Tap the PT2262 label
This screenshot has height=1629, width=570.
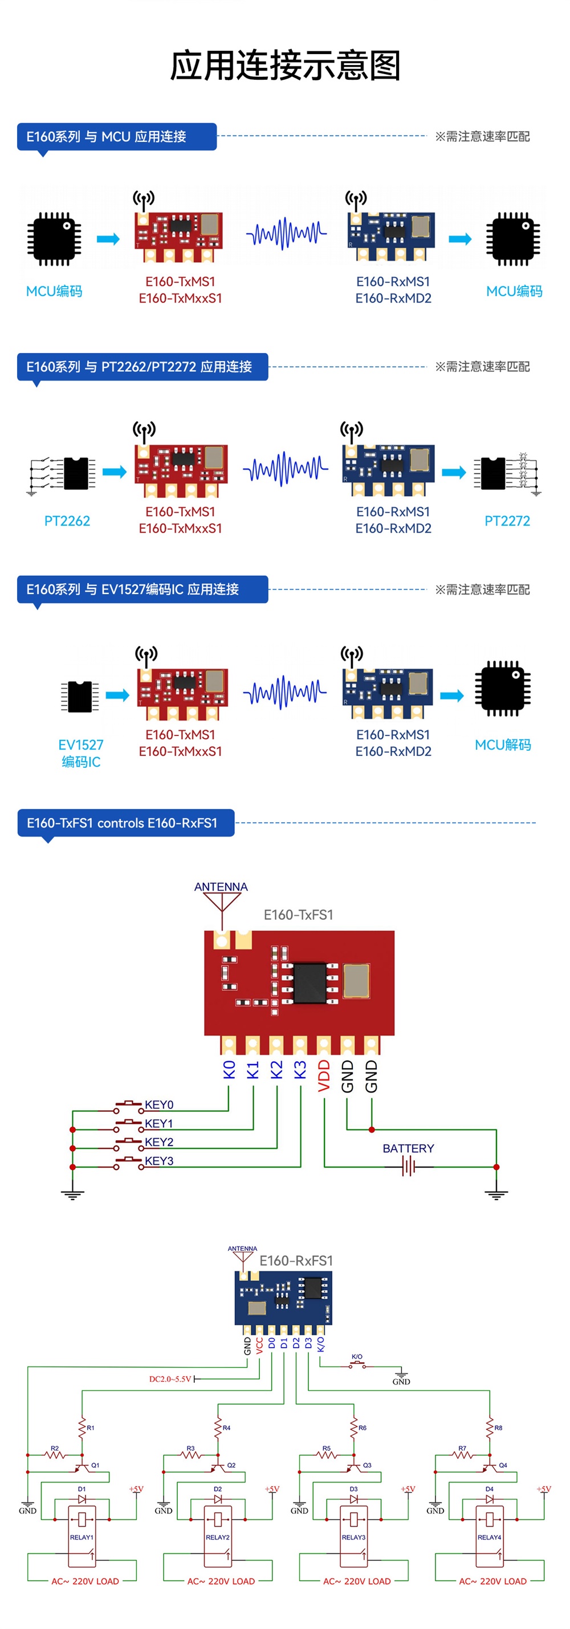tap(67, 521)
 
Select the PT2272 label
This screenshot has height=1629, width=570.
tap(507, 521)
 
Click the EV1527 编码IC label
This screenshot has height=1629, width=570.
tap(81, 753)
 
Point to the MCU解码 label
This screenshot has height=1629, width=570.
tap(503, 745)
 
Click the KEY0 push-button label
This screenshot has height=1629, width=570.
tap(159, 1105)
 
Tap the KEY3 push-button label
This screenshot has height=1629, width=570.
tap(159, 1160)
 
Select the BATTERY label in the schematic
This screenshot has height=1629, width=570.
tap(408, 1148)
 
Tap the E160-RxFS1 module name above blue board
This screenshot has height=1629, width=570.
tap(296, 1260)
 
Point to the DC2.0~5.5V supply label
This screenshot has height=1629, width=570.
tap(169, 1378)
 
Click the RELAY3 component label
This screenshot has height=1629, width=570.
tap(353, 1537)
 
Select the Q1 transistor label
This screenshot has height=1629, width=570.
tap(95, 1464)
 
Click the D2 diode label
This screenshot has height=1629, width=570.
tap(217, 1489)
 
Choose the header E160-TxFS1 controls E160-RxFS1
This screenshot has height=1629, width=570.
tap(122, 822)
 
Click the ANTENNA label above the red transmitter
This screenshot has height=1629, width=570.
tap(221, 887)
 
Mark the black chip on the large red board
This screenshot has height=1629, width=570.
tap(310, 983)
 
